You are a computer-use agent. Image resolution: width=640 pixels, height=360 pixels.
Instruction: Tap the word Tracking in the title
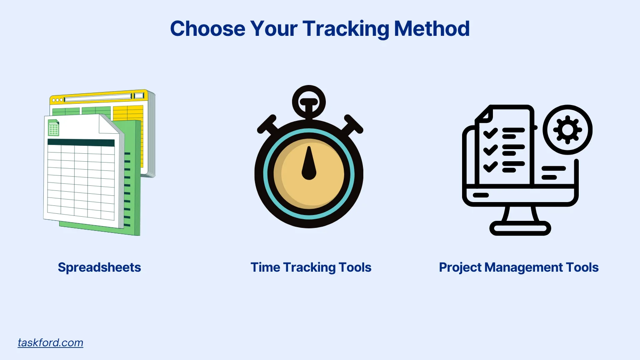tap(345, 29)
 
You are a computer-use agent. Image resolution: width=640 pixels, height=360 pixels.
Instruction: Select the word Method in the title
tap(432, 29)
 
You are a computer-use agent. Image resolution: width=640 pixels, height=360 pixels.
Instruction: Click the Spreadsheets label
tap(99, 267)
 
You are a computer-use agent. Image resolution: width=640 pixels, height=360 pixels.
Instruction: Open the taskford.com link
tap(50, 342)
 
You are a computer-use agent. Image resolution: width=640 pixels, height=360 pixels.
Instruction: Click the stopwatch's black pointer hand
tap(309, 164)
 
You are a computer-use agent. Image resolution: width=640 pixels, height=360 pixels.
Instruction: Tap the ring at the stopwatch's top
tap(309, 102)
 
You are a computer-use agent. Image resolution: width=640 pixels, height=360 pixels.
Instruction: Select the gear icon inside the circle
tap(567, 130)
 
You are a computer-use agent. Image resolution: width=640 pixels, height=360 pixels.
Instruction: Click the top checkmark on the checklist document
tap(490, 133)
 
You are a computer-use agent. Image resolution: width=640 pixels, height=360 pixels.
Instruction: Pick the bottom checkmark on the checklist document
tap(490, 167)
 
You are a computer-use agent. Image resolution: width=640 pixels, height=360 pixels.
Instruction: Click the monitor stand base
tap(520, 228)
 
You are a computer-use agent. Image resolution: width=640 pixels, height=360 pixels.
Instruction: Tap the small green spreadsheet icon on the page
tap(53, 128)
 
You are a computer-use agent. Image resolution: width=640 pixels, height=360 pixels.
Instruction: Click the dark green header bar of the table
tap(81, 142)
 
